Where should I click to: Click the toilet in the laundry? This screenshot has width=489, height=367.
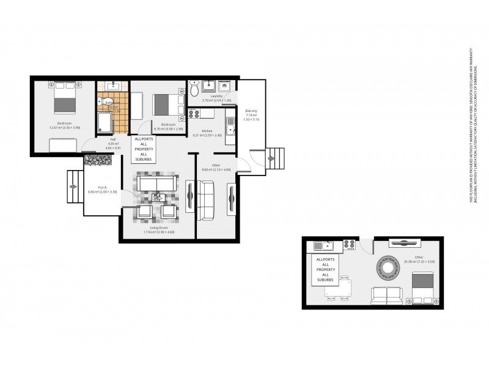(195, 89)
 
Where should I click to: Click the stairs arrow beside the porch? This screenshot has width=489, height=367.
(74, 187)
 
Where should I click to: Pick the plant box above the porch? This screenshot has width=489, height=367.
(97, 160)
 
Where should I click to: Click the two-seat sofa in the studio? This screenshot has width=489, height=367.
(386, 296)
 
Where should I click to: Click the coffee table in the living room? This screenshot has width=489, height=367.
(157, 197)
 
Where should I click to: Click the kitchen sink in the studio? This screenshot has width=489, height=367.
(323, 246)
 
